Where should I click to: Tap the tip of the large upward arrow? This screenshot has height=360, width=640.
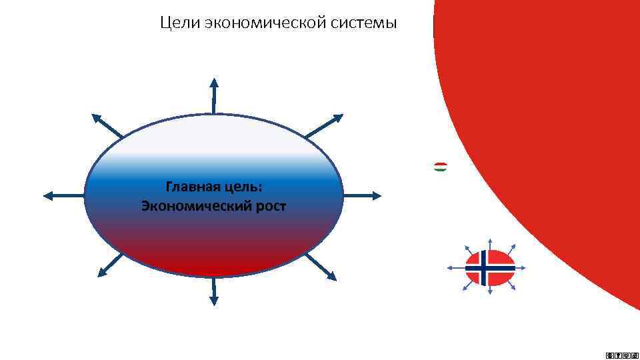point(214,80)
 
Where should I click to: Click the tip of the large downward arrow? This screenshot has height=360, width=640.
point(214,304)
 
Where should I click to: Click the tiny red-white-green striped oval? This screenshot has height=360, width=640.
point(441,167)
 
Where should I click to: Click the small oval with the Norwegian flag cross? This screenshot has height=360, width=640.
point(490,267)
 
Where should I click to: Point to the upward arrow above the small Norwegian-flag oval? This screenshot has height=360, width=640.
point(490,241)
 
